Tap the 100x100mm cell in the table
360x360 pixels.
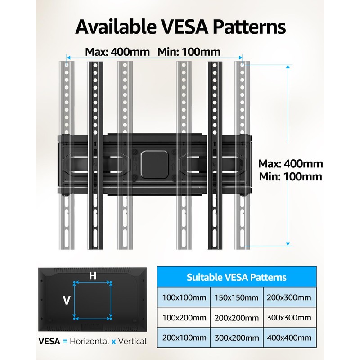184,297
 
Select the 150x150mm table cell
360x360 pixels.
237,297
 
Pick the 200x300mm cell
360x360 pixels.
289,297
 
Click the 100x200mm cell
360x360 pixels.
184,318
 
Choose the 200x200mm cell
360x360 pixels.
237,318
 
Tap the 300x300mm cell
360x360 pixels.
289,318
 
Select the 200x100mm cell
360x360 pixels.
184,338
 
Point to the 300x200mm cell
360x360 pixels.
237,338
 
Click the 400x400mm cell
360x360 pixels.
289,338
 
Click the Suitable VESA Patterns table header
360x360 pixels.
237,277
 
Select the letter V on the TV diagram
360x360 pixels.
67,300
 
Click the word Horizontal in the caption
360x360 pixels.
90,341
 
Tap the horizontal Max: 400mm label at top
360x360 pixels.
117,52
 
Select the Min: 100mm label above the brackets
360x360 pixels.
189,52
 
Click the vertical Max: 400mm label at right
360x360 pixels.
291,164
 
